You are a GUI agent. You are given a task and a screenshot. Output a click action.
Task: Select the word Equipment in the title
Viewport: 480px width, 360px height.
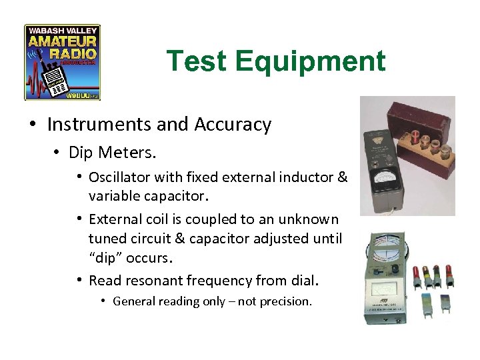[x=310, y=61]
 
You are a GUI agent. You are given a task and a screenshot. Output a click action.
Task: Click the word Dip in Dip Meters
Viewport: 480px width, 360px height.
[x=82, y=153]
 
